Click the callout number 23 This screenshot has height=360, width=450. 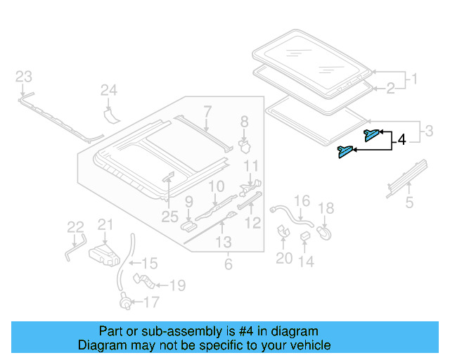[24, 76]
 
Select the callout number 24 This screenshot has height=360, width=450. [108, 90]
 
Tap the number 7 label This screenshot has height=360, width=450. [207, 110]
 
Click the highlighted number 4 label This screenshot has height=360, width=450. [401, 141]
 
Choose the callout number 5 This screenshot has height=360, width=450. [409, 204]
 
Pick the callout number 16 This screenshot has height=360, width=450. [301, 202]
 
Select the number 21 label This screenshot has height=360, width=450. [105, 224]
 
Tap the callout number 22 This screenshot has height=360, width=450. [75, 226]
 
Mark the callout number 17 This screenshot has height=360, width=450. [151, 302]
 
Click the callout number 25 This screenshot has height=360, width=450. [169, 217]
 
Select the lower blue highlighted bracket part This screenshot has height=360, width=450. [346, 151]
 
